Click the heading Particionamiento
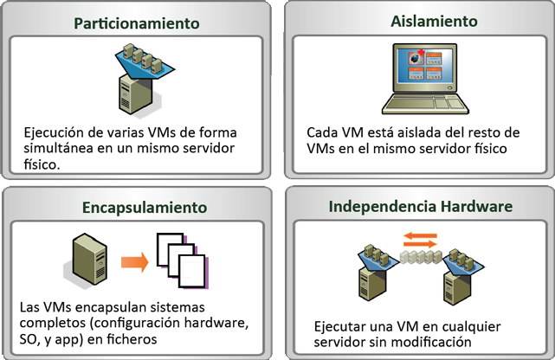137,23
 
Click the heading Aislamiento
434,22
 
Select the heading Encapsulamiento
145,208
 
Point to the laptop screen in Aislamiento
425,67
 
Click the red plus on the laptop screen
421,53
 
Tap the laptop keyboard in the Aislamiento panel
425,104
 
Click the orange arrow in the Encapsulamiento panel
134,262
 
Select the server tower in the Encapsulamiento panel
89,260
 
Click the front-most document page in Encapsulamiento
192,271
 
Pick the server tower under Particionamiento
136,94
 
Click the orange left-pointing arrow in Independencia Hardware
420,235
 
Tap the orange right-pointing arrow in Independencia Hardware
420,244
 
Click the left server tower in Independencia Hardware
372,283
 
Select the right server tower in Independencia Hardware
458,286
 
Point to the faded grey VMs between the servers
421,257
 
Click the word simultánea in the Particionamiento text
58,148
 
